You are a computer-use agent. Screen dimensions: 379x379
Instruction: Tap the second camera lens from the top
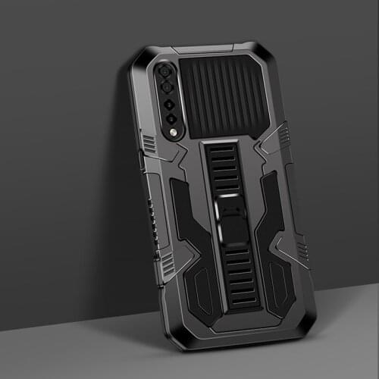[x=168, y=87]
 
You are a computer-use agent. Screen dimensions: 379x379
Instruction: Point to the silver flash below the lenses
[x=175, y=133]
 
